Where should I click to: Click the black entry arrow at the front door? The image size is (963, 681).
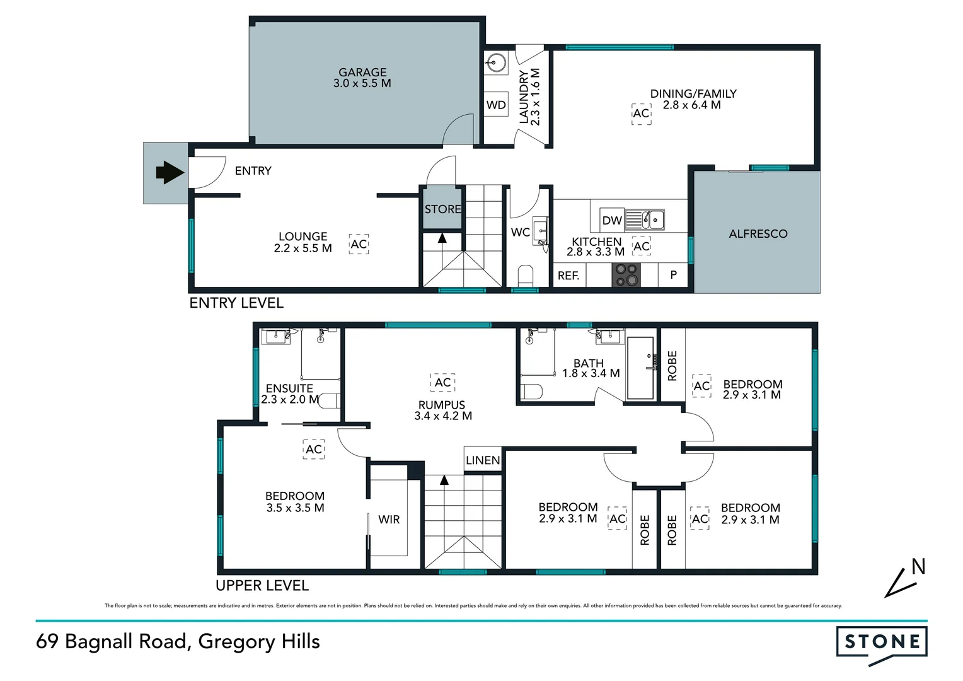[x=168, y=172]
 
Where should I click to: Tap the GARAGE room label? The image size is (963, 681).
[x=362, y=73]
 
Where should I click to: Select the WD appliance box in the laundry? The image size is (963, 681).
[x=496, y=105]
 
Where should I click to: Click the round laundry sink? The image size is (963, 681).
[x=497, y=63]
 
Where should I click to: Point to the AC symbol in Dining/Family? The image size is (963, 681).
[x=641, y=113]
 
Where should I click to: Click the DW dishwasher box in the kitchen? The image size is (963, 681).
[x=611, y=220]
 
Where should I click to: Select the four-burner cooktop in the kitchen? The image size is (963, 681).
[x=626, y=276]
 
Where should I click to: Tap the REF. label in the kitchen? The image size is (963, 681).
[x=568, y=276]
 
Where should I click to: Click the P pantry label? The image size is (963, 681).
[x=673, y=275]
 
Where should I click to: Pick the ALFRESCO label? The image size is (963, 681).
[x=758, y=234]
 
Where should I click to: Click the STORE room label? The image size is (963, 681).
[x=442, y=209]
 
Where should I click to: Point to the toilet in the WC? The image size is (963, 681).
[x=525, y=276]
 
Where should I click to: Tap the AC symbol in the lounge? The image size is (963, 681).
[x=359, y=245]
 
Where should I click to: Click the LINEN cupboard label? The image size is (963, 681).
[x=483, y=460]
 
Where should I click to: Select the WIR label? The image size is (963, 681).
[x=389, y=520]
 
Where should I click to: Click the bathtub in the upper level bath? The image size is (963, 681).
[x=641, y=368]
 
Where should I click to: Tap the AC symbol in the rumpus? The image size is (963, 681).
[x=443, y=383]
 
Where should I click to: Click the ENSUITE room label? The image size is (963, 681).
[x=289, y=388]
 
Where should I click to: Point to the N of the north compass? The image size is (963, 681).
[x=918, y=567]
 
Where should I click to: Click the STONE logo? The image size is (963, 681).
[x=882, y=643]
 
